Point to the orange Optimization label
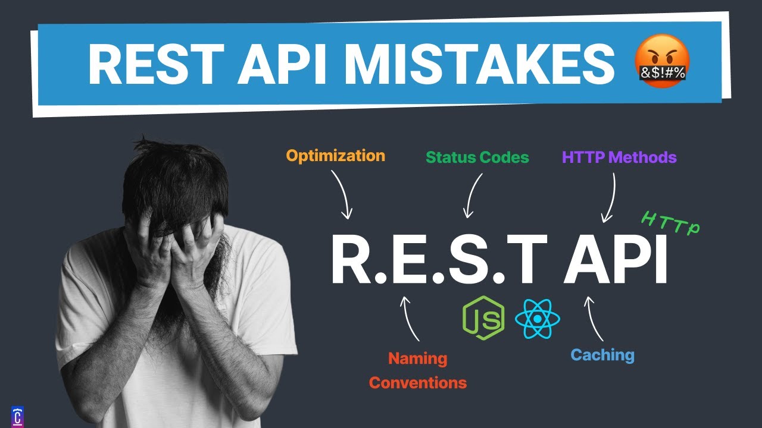pyautogui.click(x=336, y=156)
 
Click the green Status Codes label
pyautogui.click(x=477, y=158)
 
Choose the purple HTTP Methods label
pyautogui.click(x=619, y=158)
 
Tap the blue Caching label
pyautogui.click(x=602, y=355)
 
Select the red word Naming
pyautogui.click(x=417, y=359)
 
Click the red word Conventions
pyautogui.click(x=418, y=383)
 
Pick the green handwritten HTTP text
pyautogui.click(x=671, y=224)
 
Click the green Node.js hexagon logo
pyautogui.click(x=483, y=317)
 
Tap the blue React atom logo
pyautogui.click(x=538, y=317)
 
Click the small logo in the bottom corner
pyautogui.click(x=18, y=416)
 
